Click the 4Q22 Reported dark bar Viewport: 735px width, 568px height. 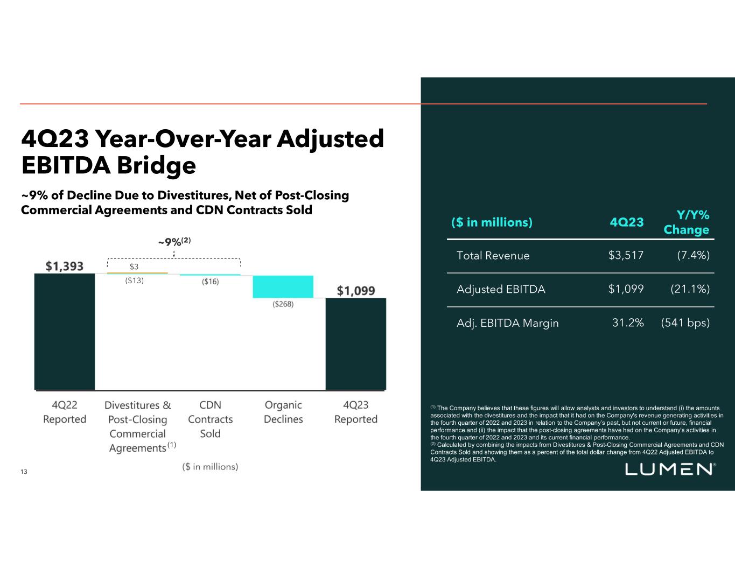tap(65, 331)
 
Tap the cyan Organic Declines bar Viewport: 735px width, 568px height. tap(283, 286)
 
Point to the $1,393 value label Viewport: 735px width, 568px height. tap(65, 266)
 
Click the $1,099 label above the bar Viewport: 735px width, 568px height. tap(356, 291)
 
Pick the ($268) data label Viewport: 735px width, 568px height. tap(283, 304)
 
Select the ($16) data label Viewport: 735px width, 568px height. tap(211, 282)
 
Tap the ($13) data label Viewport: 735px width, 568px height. tap(135, 281)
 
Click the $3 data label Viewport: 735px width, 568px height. tap(134, 267)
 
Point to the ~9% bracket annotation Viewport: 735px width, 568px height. tap(174, 242)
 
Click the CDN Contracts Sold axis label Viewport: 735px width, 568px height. tap(210, 419)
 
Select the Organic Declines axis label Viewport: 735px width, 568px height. tap(283, 412)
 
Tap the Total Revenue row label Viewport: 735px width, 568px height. tap(493, 256)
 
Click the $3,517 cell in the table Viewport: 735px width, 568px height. tap(626, 256)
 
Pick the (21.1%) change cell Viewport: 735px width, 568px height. tap(690, 289)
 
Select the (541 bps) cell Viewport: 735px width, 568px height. tap(685, 323)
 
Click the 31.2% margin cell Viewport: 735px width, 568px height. tap(628, 323)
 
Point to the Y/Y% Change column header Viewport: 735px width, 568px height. tap(687, 222)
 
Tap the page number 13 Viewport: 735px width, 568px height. tap(24, 472)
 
